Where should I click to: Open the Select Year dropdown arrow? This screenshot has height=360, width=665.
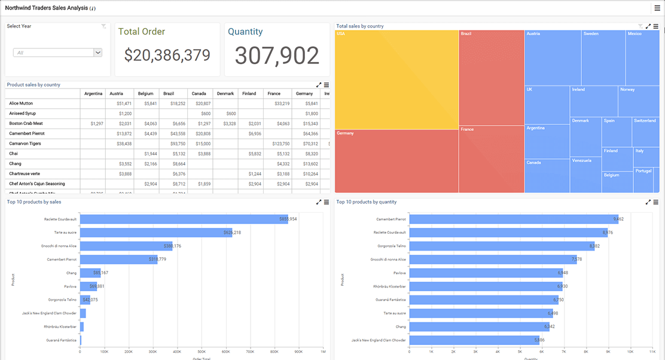97,53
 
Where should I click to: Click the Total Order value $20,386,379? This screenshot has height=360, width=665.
167,56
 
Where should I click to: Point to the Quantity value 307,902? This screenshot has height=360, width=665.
277,56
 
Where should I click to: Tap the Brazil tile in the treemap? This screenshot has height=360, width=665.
491,77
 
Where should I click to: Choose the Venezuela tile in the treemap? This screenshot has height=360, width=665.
585,174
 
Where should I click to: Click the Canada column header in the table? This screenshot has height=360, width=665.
199,93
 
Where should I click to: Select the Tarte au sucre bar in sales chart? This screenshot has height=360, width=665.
155,233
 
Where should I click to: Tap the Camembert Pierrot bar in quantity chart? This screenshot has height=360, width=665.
514,219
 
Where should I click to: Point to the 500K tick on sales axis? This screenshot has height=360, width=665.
201,352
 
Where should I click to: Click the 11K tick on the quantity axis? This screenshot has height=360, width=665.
652,352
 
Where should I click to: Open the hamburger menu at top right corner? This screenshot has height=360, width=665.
657,8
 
